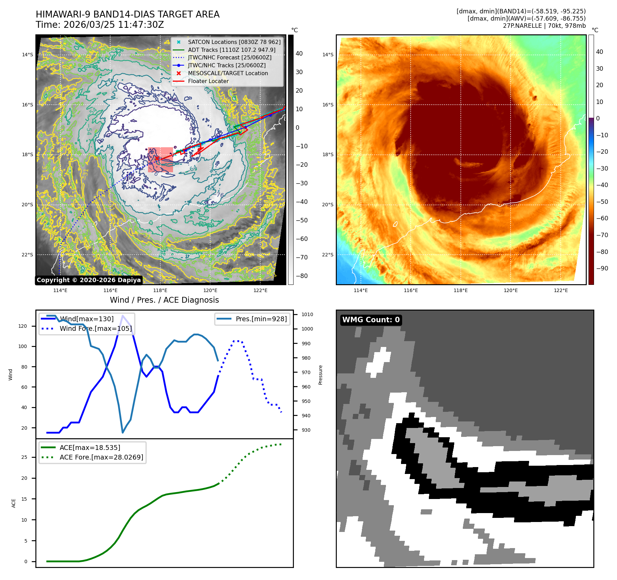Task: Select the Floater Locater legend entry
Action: click(x=208, y=81)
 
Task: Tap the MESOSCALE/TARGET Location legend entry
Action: click(x=228, y=73)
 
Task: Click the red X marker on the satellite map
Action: click(x=157, y=158)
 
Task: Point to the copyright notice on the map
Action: click(x=89, y=280)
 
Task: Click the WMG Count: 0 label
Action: click(x=371, y=320)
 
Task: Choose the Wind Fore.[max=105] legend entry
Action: click(x=95, y=329)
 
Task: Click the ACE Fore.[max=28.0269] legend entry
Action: click(x=101, y=457)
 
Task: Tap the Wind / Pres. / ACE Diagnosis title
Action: click(x=164, y=300)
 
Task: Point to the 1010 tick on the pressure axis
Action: click(x=307, y=314)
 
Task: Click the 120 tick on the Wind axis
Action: click(x=23, y=326)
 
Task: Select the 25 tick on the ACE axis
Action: click(x=24, y=457)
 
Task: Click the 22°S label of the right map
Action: click(x=328, y=255)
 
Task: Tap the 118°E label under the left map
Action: click(x=160, y=291)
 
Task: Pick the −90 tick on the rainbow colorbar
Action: click(x=602, y=268)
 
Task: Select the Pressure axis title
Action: click(x=321, y=375)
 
